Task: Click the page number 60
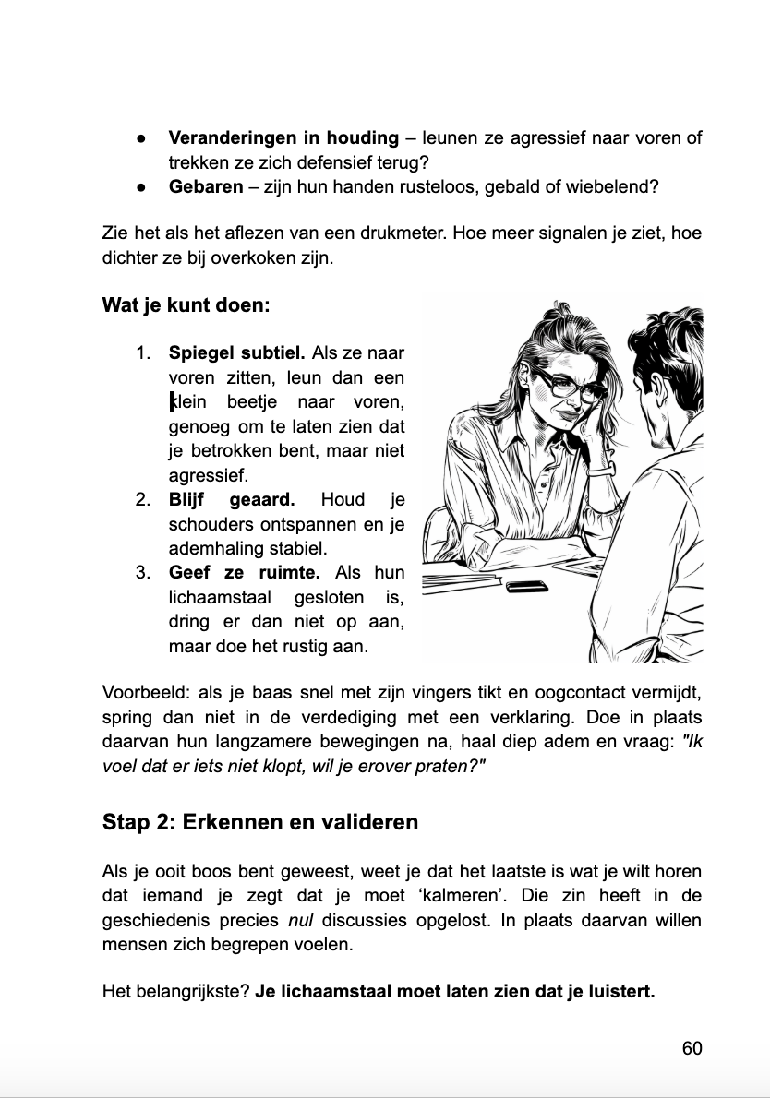coord(692,1048)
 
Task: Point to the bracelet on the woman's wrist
coord(600,471)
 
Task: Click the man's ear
coord(644,388)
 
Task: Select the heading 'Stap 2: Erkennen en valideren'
coord(259,821)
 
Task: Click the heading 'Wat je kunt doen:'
coord(186,304)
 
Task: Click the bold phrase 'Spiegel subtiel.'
coord(236,352)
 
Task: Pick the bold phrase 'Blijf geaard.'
coord(231,500)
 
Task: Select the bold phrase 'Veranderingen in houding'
coord(283,137)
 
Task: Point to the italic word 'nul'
coord(301,920)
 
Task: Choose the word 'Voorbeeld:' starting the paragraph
coord(146,693)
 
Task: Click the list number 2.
coord(143,500)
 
